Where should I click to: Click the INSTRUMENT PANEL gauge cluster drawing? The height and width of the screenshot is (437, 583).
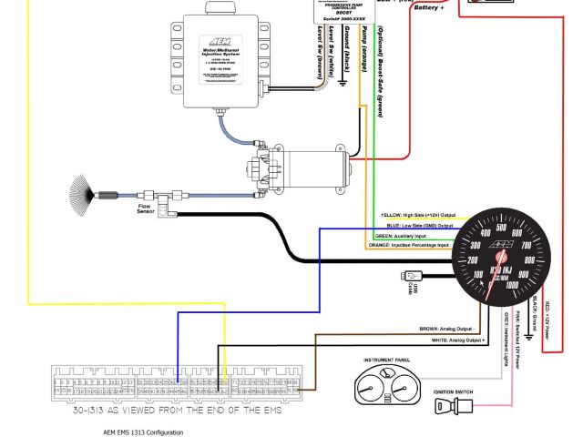[x=386, y=386]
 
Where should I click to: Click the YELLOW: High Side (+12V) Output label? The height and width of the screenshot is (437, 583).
[x=416, y=216]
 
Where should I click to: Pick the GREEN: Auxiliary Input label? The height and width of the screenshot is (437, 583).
[x=408, y=235]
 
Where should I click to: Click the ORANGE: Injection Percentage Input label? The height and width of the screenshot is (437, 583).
[x=409, y=245]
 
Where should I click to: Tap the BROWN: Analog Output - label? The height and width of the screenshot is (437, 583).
[x=447, y=329]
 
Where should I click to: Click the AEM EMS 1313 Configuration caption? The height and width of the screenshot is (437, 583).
[x=143, y=432]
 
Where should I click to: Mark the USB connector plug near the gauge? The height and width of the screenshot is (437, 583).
[x=415, y=275]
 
